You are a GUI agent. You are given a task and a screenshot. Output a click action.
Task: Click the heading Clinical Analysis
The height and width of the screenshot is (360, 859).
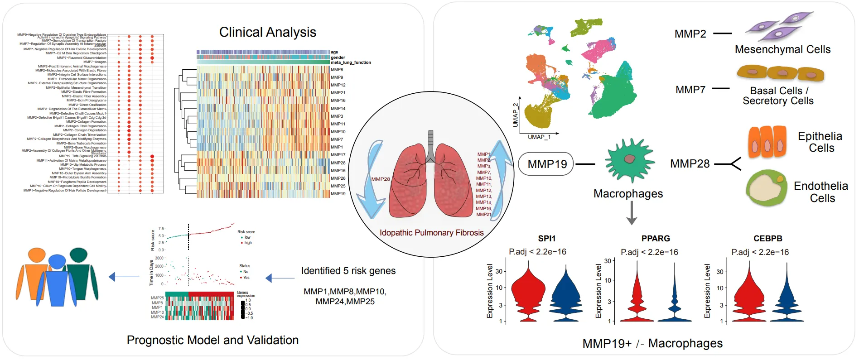pyautogui.click(x=267, y=32)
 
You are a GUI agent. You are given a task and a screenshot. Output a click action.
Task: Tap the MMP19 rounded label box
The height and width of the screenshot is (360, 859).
pyautogui.click(x=547, y=164)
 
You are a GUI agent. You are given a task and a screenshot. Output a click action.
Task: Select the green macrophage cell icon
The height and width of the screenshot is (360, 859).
pyautogui.click(x=629, y=160)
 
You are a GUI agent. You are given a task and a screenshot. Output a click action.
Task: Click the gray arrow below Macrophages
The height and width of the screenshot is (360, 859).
pyautogui.click(x=632, y=213)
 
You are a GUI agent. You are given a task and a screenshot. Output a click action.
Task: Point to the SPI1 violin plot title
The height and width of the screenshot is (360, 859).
pyautogui.click(x=546, y=239)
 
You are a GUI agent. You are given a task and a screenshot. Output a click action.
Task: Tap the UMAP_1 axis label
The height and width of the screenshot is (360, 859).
pyautogui.click(x=539, y=137)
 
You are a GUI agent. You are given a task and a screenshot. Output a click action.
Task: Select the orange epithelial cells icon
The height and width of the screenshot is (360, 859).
pyautogui.click(x=767, y=142)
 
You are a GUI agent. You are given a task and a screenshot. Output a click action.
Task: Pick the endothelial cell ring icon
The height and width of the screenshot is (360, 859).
pyautogui.click(x=767, y=188)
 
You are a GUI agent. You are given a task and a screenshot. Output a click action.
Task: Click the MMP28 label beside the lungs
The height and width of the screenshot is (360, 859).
pyautogui.click(x=381, y=179)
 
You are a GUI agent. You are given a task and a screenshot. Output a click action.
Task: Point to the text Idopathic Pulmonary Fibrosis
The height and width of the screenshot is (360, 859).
pyautogui.click(x=431, y=233)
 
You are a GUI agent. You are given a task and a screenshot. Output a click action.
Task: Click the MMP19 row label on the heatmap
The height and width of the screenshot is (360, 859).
pyautogui.click(x=338, y=194)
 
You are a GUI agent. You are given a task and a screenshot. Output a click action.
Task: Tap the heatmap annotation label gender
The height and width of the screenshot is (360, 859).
pyautogui.click(x=338, y=58)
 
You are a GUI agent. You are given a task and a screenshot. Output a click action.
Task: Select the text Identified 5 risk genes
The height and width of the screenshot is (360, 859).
pyautogui.click(x=348, y=271)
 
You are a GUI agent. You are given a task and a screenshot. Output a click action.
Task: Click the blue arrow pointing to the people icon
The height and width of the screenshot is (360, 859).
pyautogui.click(x=124, y=277)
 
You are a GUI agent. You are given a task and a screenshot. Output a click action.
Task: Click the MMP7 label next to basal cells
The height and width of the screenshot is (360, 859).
pyautogui.click(x=690, y=90)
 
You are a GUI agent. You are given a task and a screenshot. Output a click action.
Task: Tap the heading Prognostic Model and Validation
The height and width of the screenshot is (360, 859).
pyautogui.click(x=212, y=340)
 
